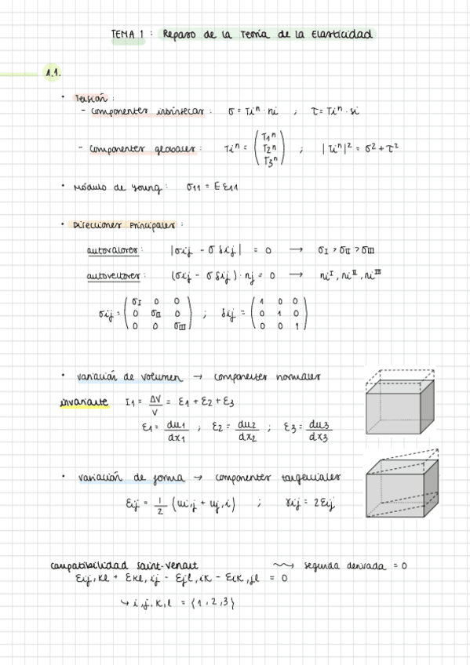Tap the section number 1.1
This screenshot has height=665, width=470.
click(53, 74)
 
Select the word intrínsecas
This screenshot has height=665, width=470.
click(177, 112)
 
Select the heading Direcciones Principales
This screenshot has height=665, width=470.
click(124, 223)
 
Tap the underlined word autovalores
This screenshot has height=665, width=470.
click(115, 251)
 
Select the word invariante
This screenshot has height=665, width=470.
click(84, 403)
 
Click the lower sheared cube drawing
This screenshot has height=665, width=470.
click(401, 489)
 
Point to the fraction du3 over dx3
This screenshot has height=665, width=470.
click(319, 431)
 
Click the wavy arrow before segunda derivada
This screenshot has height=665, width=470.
click(280, 565)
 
